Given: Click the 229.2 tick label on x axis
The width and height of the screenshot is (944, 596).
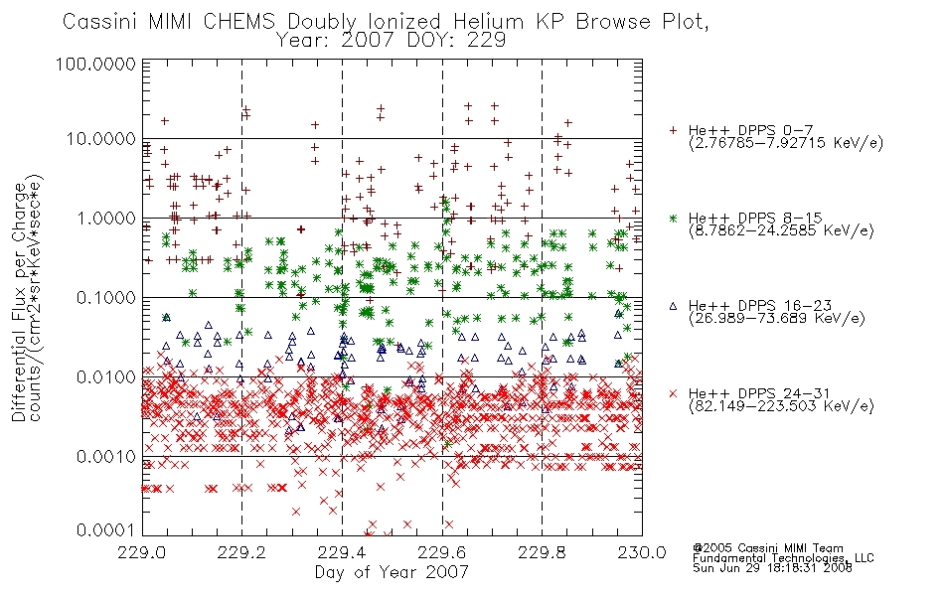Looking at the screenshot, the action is (x=242, y=552).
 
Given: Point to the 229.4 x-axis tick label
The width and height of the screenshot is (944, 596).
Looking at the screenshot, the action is (x=342, y=552).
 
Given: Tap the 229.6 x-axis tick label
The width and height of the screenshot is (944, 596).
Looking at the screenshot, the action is (x=442, y=552).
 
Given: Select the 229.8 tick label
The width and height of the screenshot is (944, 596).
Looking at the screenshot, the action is (x=542, y=552).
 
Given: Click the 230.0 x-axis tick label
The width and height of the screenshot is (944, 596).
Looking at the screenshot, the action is (x=642, y=552).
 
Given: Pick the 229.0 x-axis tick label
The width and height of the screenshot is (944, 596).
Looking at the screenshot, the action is (x=142, y=552).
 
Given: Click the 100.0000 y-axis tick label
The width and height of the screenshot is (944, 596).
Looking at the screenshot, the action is (x=95, y=64).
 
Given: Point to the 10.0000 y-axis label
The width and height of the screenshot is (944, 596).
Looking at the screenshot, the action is (x=100, y=139).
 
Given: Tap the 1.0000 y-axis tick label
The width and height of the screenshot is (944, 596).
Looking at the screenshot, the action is (x=106, y=218).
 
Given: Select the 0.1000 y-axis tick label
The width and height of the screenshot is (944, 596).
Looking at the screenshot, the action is (x=106, y=297).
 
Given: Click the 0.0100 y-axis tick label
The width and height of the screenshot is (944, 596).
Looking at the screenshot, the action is (x=106, y=376).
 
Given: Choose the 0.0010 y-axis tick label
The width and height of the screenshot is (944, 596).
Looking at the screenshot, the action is (x=106, y=456).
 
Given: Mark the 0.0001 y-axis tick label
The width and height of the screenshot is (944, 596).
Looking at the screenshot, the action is (x=106, y=530).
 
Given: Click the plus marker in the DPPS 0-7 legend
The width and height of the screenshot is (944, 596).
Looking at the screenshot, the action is (x=673, y=130).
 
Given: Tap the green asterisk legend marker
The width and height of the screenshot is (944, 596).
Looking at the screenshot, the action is (x=673, y=218).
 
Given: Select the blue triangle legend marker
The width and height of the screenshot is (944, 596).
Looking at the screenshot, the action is (x=673, y=306).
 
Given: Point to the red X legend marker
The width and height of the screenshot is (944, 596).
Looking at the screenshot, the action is (x=673, y=393).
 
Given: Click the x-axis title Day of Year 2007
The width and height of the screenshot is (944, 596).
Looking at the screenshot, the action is (x=392, y=572).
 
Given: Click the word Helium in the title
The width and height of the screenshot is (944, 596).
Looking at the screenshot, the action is (x=488, y=22).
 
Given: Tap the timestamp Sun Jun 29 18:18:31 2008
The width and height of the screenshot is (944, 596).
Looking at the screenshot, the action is (x=772, y=568).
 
